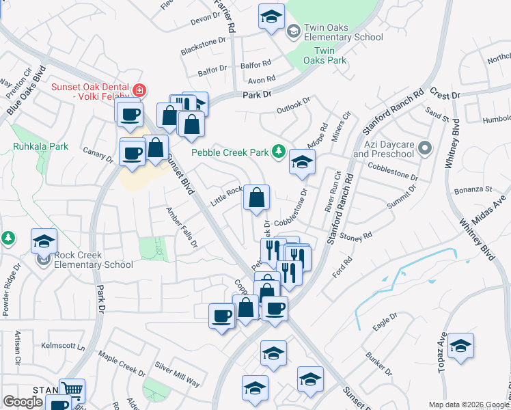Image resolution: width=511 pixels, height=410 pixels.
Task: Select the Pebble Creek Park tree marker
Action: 279,152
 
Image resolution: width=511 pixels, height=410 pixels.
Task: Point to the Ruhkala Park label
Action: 40,146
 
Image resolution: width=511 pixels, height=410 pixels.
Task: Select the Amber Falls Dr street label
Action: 182,228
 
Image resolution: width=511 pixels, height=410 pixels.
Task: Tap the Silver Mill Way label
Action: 177,374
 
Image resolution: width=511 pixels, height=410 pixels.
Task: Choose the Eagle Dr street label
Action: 385,323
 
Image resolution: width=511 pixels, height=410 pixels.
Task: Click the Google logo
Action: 23,402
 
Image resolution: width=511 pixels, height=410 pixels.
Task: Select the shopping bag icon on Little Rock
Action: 256,198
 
